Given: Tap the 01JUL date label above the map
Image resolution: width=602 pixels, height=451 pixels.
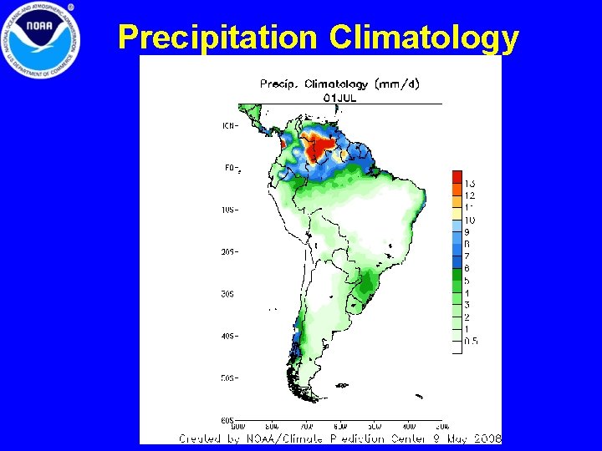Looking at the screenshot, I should click(340, 97).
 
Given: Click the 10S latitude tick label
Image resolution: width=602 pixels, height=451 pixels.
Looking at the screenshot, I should click(229, 210).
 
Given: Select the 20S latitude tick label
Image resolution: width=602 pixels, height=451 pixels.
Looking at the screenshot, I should click(229, 251).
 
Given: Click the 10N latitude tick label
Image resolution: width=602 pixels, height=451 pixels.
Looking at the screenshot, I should click(229, 126).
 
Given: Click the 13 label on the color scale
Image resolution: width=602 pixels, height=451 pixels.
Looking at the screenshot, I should click(470, 183).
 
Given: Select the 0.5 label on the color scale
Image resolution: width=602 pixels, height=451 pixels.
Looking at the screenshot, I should click(471, 341).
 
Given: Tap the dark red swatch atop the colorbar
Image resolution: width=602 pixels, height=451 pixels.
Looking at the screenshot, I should click(457, 176).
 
